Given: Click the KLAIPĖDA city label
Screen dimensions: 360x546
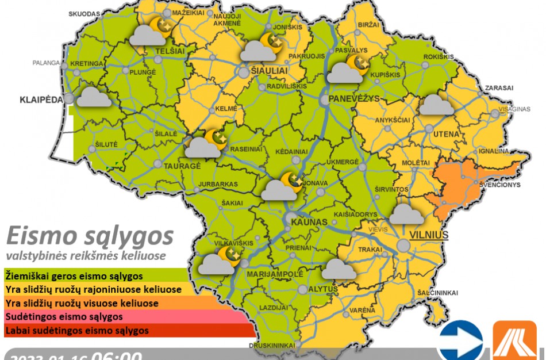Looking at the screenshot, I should pos(41,99).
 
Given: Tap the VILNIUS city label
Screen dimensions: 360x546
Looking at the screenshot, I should pos(429,235).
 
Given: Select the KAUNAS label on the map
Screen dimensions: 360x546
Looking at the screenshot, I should pos(309,222).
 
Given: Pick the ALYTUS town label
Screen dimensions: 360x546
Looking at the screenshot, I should pos(322,288).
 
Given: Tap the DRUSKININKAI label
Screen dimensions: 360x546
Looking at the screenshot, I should pos(272,346).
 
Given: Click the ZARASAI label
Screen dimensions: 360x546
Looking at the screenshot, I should pos(498,88).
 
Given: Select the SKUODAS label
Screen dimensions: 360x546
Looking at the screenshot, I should pos(84,13).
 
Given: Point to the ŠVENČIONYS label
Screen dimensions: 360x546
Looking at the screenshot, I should pos(501,185).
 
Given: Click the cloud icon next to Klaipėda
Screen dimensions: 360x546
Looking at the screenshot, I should pos(94,97).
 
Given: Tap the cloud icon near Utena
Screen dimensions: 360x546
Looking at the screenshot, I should pos(437,105).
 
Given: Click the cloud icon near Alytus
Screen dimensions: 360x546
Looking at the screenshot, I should pos(339,269).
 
